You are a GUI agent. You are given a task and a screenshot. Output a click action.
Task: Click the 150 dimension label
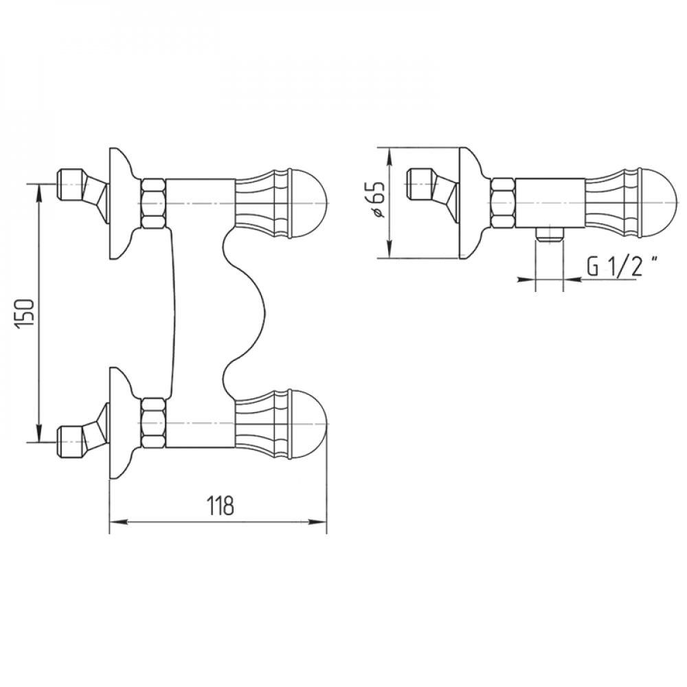(25, 314)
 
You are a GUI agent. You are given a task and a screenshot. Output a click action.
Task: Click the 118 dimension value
(221, 506)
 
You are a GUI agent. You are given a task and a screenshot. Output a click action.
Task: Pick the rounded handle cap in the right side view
(660, 203)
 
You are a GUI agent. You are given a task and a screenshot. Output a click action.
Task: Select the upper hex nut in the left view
(153, 203)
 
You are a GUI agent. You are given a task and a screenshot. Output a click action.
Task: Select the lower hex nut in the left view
(153, 423)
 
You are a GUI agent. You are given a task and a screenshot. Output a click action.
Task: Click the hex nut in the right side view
(503, 203)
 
